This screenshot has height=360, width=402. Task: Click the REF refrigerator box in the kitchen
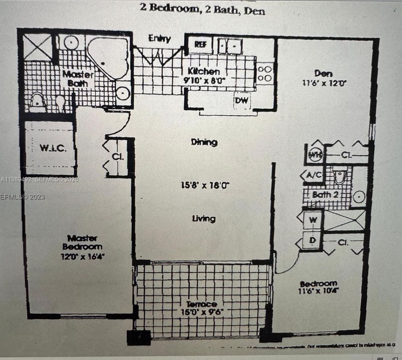click(x=200, y=45)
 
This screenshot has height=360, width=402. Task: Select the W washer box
click(x=312, y=220)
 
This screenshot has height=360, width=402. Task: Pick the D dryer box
click(x=312, y=240)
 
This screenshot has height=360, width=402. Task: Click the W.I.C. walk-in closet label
click(x=53, y=148)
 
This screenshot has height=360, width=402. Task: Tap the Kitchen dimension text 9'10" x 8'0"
click(x=204, y=80)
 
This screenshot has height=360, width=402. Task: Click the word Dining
click(x=204, y=142)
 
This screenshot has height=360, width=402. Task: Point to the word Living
click(x=204, y=218)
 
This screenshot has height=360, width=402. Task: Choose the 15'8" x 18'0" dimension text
click(x=205, y=185)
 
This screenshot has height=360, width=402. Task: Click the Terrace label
click(x=201, y=304)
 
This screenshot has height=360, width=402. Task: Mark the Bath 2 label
click(x=325, y=195)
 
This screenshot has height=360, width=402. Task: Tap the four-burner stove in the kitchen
click(x=264, y=73)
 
